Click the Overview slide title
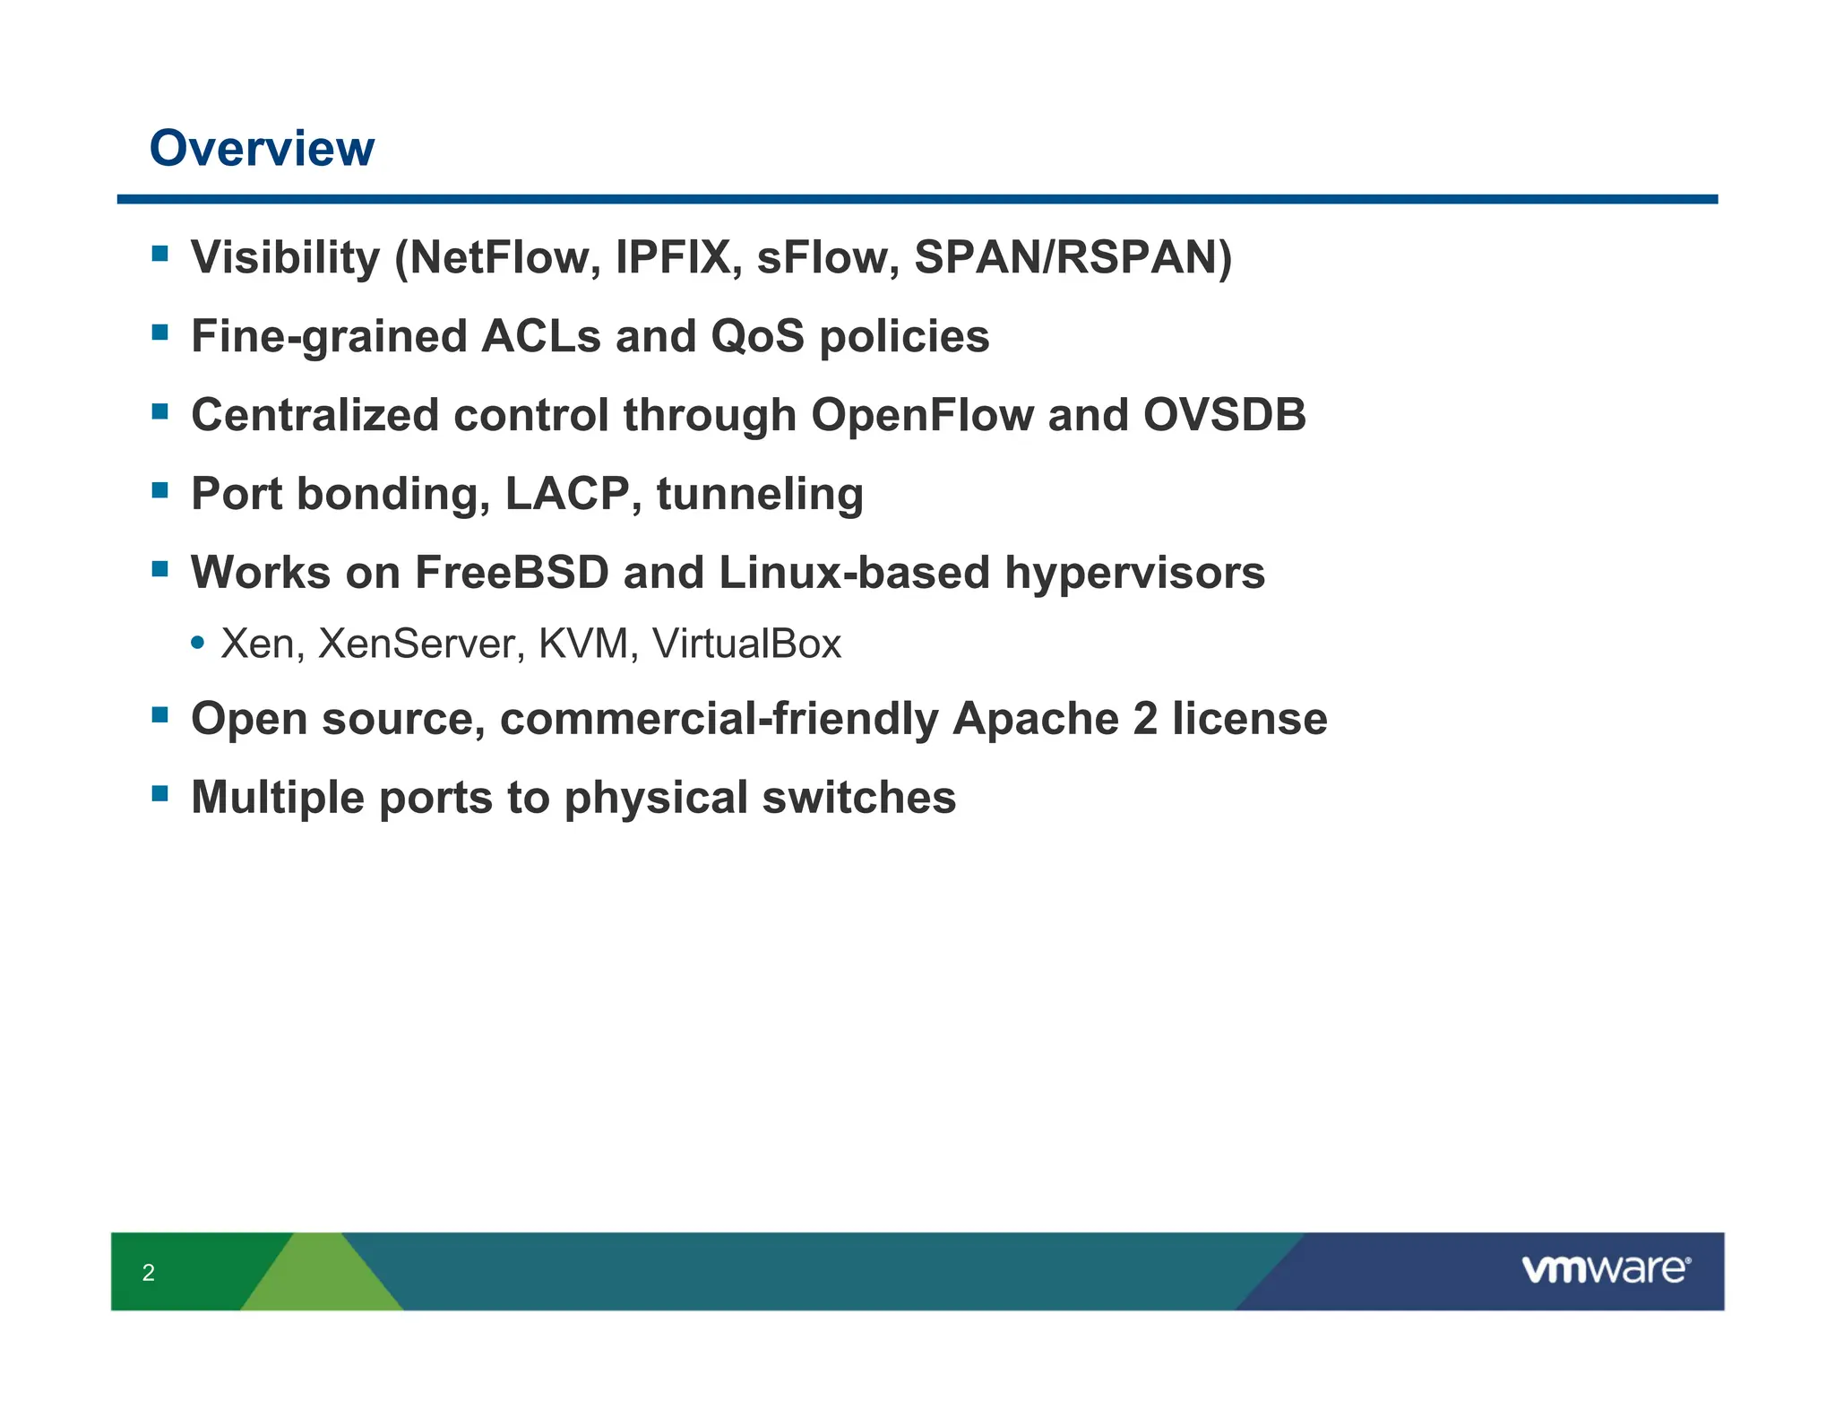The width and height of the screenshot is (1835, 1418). point(262,148)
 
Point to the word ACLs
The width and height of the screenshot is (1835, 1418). point(541,336)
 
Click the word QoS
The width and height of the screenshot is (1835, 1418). point(757,336)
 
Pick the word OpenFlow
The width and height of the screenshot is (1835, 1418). point(922,415)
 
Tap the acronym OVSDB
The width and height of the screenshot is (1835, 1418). point(1224,415)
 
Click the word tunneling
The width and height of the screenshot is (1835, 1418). point(760,494)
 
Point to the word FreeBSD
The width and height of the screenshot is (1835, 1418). point(512,573)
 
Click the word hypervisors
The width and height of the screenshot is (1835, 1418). point(1134,573)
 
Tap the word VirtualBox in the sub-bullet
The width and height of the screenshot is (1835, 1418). point(746,644)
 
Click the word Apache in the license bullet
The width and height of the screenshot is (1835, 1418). point(1035,719)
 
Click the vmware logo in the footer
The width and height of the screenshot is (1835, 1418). point(1605,1270)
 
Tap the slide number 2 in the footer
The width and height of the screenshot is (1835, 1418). point(149,1273)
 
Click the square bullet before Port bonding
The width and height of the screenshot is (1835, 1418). point(160,490)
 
